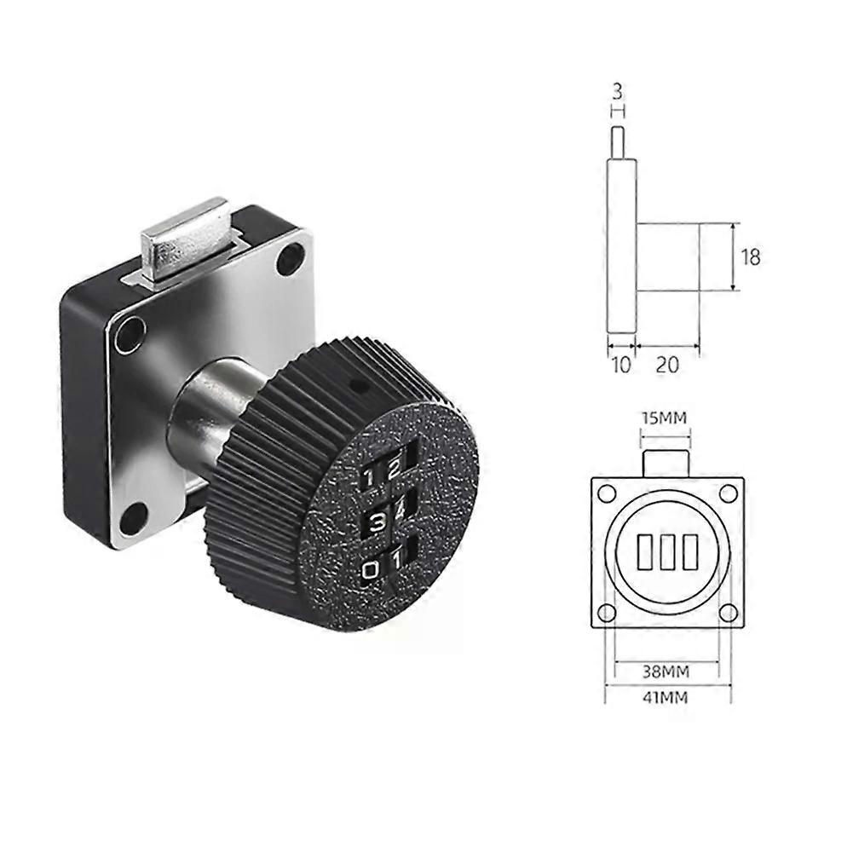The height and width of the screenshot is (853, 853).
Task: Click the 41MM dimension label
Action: pos(665,697)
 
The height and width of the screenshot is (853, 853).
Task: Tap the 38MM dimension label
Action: pos(666,671)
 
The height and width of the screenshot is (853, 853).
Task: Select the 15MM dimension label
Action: pos(664,418)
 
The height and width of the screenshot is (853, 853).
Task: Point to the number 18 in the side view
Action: pos(750,256)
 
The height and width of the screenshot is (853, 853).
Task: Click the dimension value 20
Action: pos(667,365)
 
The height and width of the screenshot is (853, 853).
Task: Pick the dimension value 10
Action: pos(620,365)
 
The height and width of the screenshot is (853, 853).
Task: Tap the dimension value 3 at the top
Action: pos(617,91)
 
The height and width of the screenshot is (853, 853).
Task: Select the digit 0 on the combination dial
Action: pos(371,571)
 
